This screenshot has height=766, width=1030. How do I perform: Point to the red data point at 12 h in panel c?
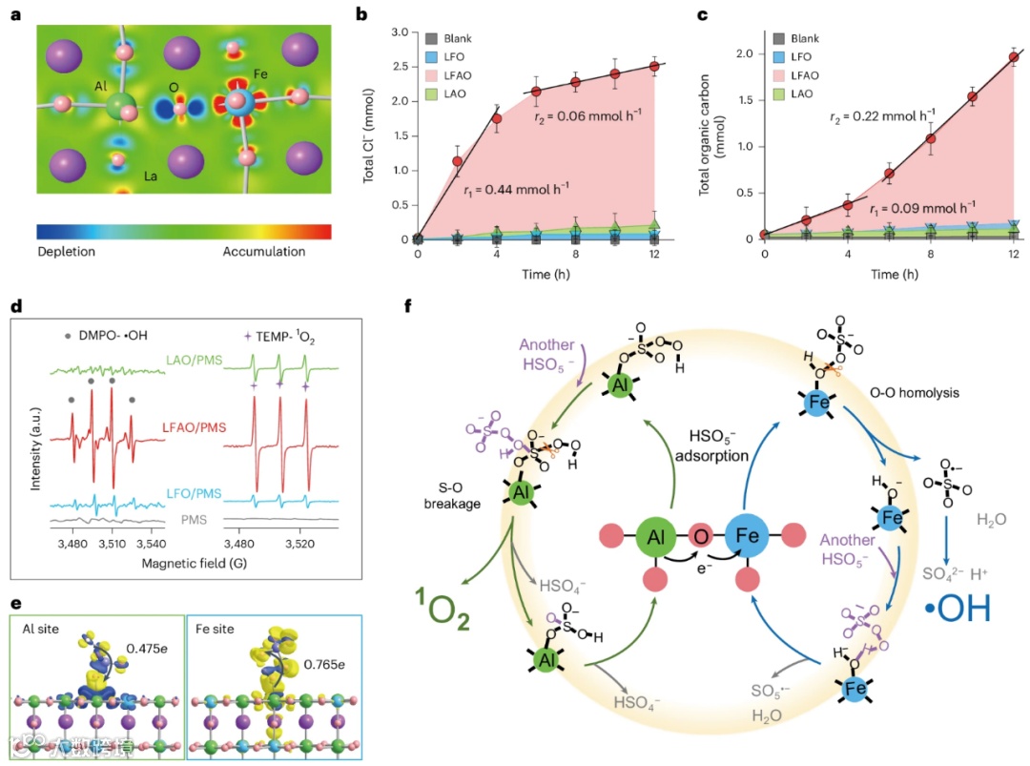(1013, 57)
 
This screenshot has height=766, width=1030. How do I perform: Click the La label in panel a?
(151, 176)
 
